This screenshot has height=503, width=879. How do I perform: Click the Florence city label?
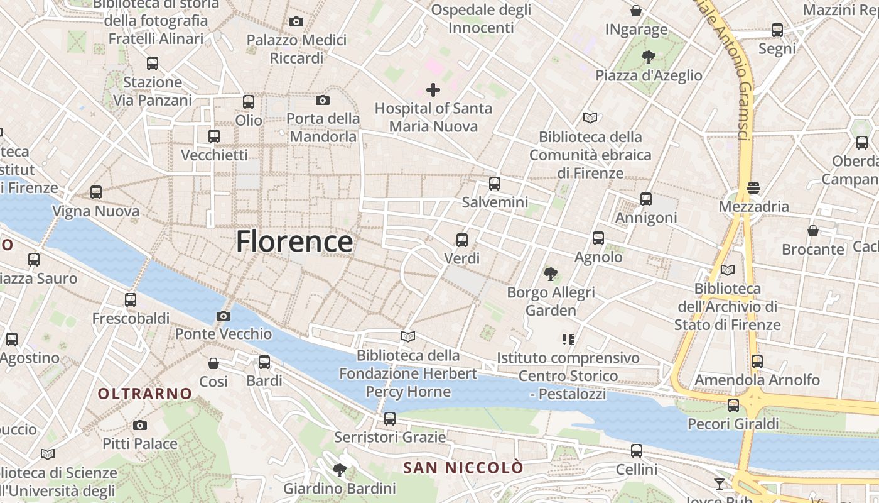click(294, 241)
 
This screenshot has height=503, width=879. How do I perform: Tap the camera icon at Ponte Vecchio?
click(223, 316)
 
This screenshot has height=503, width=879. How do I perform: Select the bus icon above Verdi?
click(462, 240)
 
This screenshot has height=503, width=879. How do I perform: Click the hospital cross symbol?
click(433, 90)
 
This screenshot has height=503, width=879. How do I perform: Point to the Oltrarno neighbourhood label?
click(145, 394)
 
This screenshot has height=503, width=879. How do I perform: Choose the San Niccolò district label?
click(463, 468)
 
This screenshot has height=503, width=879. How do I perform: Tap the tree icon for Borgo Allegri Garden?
click(551, 274)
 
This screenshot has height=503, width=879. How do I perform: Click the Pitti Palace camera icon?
click(140, 426)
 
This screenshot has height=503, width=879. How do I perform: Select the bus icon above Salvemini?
click(495, 184)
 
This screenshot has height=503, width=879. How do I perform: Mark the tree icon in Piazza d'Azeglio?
click(649, 57)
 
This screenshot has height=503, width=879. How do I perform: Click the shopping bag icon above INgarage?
click(636, 11)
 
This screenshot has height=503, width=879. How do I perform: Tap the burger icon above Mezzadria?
click(753, 187)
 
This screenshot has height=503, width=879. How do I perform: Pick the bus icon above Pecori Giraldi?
click(733, 405)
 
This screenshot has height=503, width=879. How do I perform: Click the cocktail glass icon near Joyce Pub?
click(720, 484)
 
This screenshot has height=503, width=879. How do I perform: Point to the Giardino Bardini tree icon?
click(340, 470)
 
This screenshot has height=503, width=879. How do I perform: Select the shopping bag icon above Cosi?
click(213, 363)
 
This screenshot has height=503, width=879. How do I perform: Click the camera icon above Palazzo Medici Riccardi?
click(296, 21)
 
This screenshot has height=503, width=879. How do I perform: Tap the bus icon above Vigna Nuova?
click(96, 192)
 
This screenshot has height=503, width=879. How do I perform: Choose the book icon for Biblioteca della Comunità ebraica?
click(590, 118)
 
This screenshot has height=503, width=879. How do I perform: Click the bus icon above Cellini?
click(637, 451)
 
